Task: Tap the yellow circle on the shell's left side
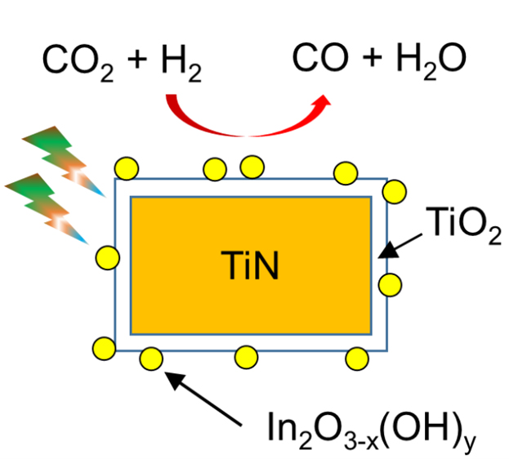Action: (x=107, y=258)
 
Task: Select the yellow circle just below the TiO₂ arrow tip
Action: (x=390, y=285)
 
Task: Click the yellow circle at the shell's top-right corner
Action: (x=394, y=191)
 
